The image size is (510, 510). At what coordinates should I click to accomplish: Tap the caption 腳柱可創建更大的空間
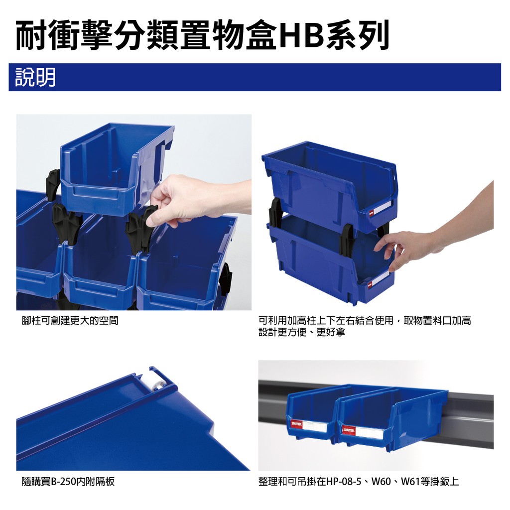coord(70,321)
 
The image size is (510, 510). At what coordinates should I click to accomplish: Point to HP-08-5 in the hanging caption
coord(344,482)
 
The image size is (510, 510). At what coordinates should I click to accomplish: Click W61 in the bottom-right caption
coord(411,482)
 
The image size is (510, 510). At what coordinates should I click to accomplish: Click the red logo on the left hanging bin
coord(297,423)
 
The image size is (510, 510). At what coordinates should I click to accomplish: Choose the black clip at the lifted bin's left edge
coord(53,184)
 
